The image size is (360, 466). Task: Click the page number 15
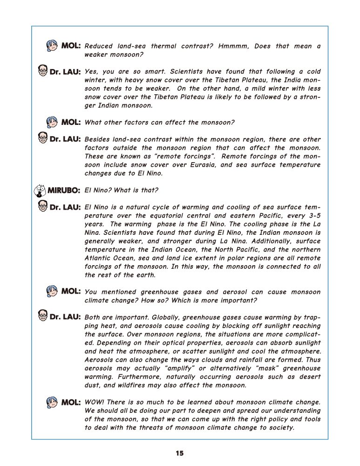point(180,453)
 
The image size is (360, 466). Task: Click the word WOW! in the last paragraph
point(95,402)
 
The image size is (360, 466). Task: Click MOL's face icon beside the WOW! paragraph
point(52,402)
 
